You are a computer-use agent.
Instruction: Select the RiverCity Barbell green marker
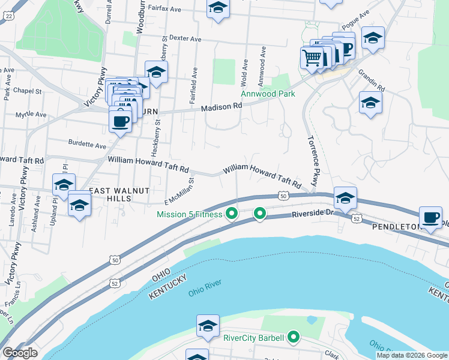(294, 338)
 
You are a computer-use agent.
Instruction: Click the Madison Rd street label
(221, 106)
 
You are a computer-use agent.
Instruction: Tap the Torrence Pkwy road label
(312, 161)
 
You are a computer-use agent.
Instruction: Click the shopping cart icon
(312, 58)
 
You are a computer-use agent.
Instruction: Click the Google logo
(20, 353)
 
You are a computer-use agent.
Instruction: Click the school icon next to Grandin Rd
(370, 103)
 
